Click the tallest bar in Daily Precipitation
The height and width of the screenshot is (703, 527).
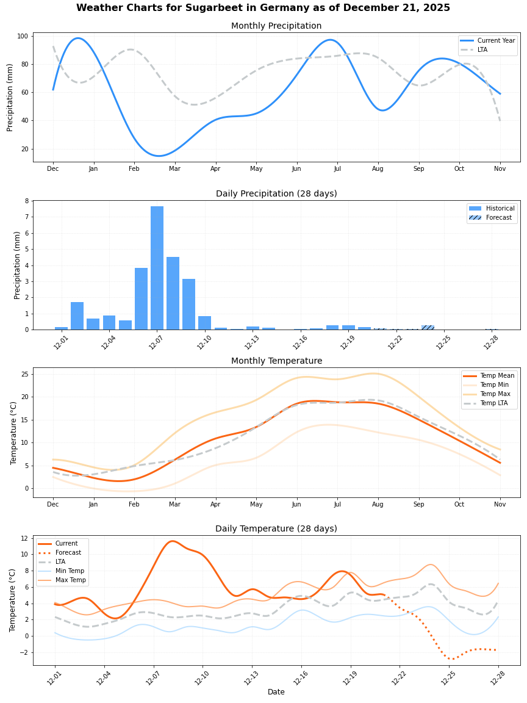[157, 269]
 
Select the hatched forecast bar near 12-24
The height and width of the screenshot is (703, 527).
[428, 328]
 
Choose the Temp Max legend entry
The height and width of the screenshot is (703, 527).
[495, 394]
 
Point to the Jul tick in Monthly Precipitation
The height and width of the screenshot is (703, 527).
[337, 168]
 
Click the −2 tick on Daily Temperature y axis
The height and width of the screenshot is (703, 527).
[24, 652]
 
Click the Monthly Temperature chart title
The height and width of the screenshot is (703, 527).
[276, 361]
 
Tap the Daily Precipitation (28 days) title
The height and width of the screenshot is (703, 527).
[276, 194]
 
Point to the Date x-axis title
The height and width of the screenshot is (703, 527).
[276, 692]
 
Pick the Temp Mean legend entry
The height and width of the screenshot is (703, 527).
[497, 376]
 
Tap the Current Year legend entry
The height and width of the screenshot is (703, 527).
[496, 41]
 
